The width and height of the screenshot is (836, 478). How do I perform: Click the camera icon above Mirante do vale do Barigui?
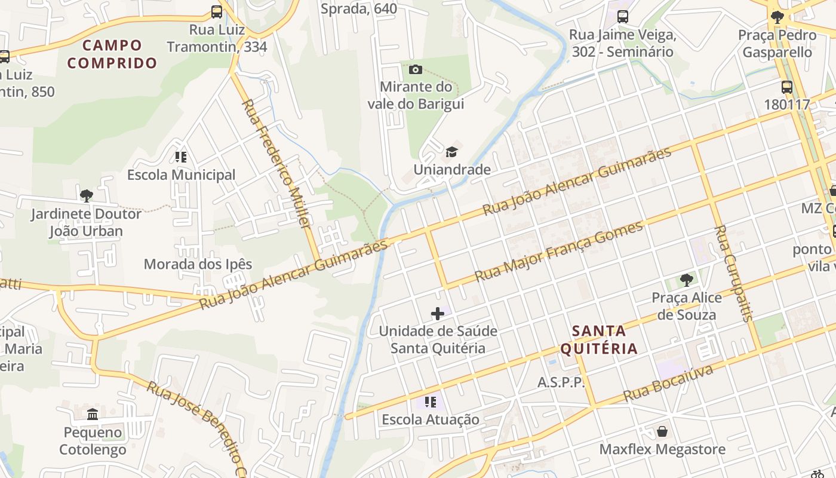pyautogui.click(x=416, y=70)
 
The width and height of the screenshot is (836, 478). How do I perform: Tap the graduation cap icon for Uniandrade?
pyautogui.click(x=452, y=152)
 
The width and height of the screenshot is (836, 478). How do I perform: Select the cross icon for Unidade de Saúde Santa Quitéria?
pyautogui.click(x=438, y=314)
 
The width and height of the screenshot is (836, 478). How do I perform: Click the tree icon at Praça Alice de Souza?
pyautogui.click(x=687, y=280)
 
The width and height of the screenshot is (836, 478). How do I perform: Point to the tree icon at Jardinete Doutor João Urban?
pyautogui.click(x=87, y=195)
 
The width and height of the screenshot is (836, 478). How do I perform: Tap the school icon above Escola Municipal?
pyautogui.click(x=181, y=157)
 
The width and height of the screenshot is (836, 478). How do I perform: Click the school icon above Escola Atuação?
pyautogui.click(x=431, y=402)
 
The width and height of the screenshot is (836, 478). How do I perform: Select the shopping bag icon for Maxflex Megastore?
pyautogui.click(x=662, y=431)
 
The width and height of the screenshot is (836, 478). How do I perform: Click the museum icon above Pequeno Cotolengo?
pyautogui.click(x=93, y=414)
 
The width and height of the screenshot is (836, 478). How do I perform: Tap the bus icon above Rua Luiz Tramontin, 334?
pyautogui.click(x=217, y=11)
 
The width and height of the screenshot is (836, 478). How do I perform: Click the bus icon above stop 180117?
pyautogui.click(x=787, y=87)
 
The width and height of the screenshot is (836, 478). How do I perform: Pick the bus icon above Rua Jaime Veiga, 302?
pyautogui.click(x=623, y=17)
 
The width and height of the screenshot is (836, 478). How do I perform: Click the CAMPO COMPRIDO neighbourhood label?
pyautogui.click(x=112, y=54)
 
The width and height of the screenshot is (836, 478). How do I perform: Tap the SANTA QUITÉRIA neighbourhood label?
pyautogui.click(x=599, y=339)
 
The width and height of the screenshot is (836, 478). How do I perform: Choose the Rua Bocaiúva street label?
pyautogui.click(x=668, y=384)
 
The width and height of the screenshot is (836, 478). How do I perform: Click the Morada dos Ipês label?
pyautogui.click(x=198, y=264)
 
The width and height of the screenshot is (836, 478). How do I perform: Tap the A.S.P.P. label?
pyautogui.click(x=561, y=382)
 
